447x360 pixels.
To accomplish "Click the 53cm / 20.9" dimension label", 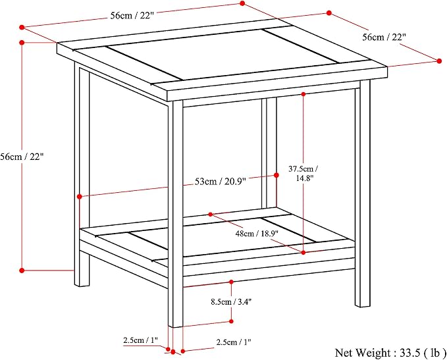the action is [x=221, y=181].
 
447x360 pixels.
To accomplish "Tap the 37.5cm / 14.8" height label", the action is [x=303, y=173].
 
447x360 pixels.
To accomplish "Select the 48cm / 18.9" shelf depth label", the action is [x=257, y=234].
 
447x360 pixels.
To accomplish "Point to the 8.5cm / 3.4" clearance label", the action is [x=231, y=301].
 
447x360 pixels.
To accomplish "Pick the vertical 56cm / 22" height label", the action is [x=22, y=157].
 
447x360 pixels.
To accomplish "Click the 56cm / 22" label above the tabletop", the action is [x=132, y=15].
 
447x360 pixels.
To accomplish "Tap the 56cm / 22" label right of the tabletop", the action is [x=384, y=37].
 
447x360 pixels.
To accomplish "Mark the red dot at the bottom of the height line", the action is [x=22, y=270].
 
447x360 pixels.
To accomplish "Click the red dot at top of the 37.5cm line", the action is [x=303, y=93].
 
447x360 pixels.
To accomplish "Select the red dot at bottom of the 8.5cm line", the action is [x=231, y=321].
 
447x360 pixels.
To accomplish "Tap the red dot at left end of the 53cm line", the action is [x=80, y=196].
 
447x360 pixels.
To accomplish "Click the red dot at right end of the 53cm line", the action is [x=276, y=175].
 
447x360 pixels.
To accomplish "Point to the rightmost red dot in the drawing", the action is [x=439, y=61].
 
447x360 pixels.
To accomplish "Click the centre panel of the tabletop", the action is [x=223, y=54].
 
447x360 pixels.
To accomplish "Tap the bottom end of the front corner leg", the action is [x=175, y=326].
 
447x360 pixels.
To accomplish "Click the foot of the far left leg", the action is [x=82, y=285].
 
